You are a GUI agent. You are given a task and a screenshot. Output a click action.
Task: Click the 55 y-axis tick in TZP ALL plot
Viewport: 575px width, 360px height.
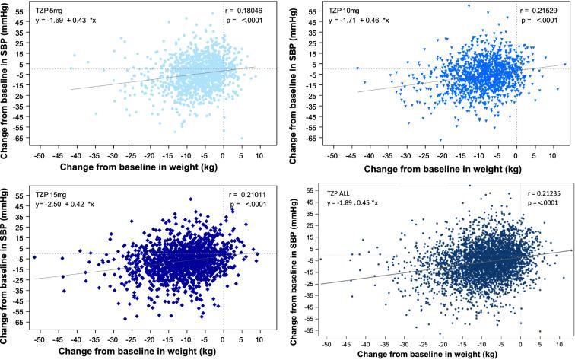click(x=307, y=188)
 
